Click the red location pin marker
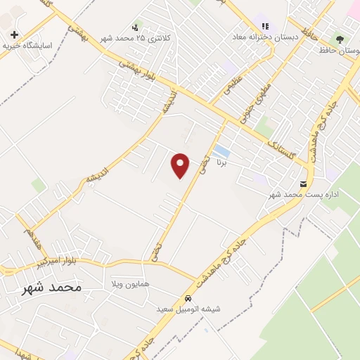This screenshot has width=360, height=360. (x=181, y=165)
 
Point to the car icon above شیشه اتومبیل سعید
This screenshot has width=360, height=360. (x=188, y=297)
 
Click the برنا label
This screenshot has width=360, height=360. (x=222, y=162)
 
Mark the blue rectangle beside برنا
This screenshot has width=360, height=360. (x=221, y=151)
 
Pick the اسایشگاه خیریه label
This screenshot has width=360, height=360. (x=28, y=44)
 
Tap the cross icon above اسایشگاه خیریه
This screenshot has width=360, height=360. (x=14, y=34)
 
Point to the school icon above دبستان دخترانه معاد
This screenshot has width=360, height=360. (x=266, y=25)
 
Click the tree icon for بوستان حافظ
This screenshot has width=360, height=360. (x=342, y=40)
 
